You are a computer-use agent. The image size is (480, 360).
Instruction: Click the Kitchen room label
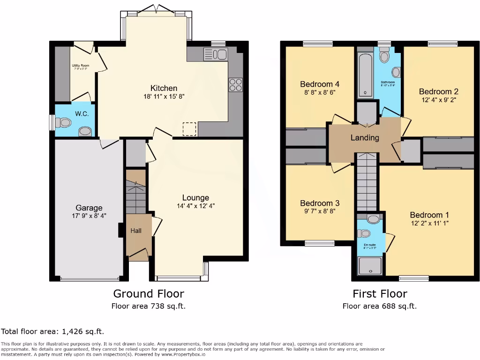pyautogui.click(x=164, y=88)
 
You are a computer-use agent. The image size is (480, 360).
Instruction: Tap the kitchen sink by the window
pyautogui.click(x=215, y=54)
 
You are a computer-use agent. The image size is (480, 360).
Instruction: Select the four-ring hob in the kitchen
pyautogui.click(x=235, y=84)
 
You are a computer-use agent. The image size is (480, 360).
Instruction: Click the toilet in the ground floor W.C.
pyautogui.click(x=63, y=123)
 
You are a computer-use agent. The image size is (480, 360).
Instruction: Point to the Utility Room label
pyautogui.click(x=80, y=66)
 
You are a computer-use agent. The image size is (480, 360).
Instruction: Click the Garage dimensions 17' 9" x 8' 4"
pyautogui.click(x=89, y=216)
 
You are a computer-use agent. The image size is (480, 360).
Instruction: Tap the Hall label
pyautogui.click(x=135, y=231)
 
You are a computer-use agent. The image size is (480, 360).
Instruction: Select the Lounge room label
pyautogui.click(x=195, y=198)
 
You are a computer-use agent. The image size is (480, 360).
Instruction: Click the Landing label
pyautogui.click(x=365, y=138)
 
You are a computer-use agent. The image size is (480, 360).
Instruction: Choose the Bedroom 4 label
pyautogui.click(x=320, y=84)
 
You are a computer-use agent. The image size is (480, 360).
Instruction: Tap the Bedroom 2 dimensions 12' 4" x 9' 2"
pyautogui.click(x=438, y=100)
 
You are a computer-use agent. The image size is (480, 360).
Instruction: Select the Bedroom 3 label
pyautogui.click(x=320, y=203)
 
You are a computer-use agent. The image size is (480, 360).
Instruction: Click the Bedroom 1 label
pyautogui.click(x=429, y=215)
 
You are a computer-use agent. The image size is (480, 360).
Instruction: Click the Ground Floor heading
pyautogui.click(x=149, y=294)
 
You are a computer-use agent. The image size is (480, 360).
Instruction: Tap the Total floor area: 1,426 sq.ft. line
pyautogui.click(x=52, y=332)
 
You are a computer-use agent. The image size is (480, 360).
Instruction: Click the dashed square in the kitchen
pyautogui.click(x=189, y=129)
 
